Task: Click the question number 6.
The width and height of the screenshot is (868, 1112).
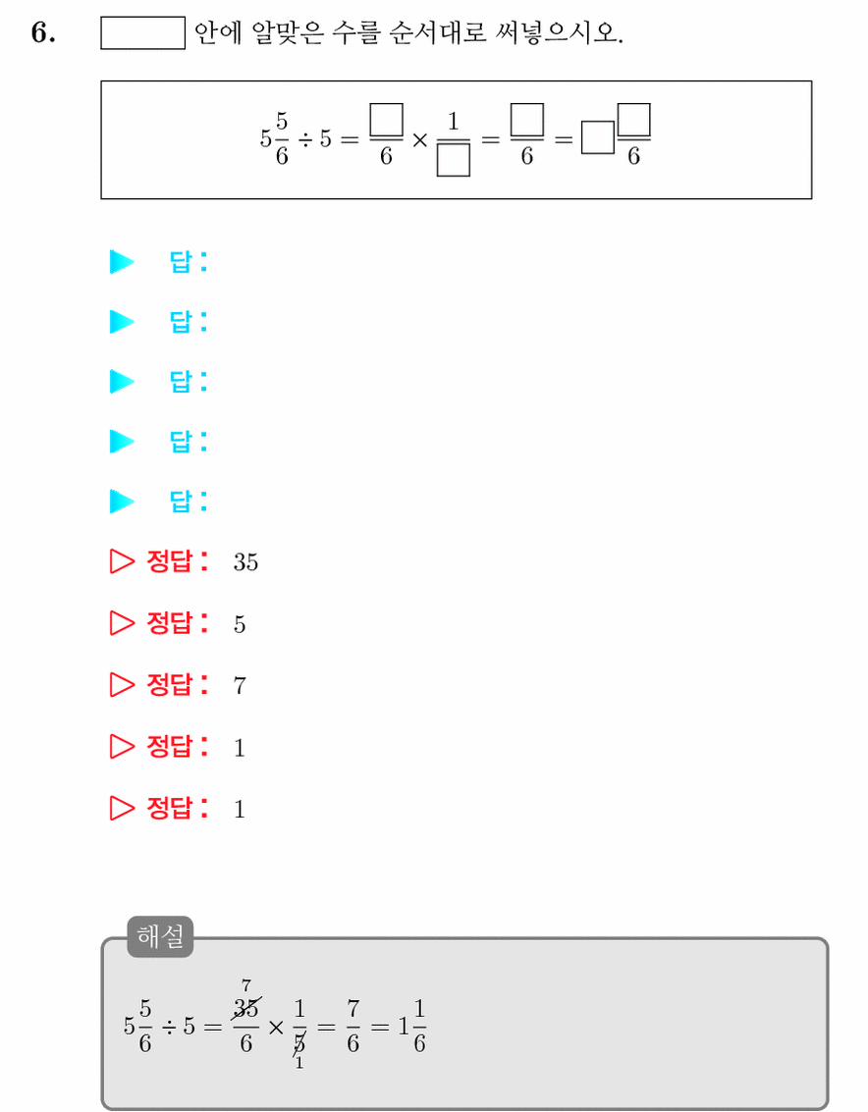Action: (42, 33)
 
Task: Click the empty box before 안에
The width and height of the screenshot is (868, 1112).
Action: (142, 33)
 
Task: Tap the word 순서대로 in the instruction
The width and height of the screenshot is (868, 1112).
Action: (438, 32)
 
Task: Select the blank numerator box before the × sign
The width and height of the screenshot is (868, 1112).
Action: (386, 119)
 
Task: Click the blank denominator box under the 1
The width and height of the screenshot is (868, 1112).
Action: (454, 160)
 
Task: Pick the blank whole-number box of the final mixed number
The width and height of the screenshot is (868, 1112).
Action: (598, 137)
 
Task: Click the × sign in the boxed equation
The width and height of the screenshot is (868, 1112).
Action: (420, 139)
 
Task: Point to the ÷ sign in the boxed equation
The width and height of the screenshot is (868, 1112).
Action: (305, 139)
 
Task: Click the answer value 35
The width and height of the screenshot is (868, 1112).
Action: (245, 562)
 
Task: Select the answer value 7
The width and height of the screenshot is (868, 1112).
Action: (240, 686)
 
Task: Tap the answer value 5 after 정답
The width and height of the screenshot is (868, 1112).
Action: (240, 624)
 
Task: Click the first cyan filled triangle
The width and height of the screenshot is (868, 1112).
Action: (122, 262)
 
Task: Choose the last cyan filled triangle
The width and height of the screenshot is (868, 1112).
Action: (122, 502)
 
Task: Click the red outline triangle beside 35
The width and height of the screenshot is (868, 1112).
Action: (122, 561)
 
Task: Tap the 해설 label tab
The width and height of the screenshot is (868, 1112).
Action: (160, 936)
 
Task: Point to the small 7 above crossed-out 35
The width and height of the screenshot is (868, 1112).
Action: (246, 985)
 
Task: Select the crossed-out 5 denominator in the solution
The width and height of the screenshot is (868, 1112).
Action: (299, 1043)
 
